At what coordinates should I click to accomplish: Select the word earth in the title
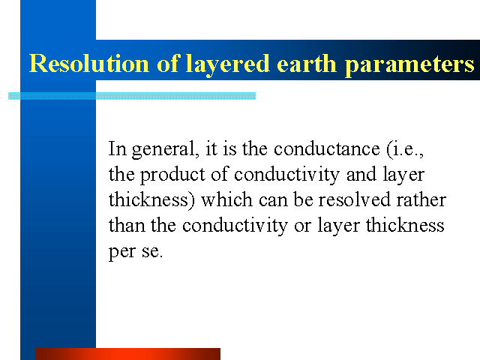click(307, 63)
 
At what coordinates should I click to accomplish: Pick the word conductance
click(327, 149)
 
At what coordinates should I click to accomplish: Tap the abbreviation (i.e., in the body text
click(405, 149)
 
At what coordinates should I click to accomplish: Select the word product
click(172, 175)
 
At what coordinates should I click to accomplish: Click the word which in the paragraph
click(226, 199)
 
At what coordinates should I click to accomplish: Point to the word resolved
click(354, 199)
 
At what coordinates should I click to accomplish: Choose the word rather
click(421, 200)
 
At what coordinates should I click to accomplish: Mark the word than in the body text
click(127, 225)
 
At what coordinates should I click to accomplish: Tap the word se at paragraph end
click(152, 252)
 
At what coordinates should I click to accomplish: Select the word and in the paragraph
click(361, 174)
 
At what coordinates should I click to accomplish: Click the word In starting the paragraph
click(118, 148)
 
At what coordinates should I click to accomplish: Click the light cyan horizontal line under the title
click(132, 96)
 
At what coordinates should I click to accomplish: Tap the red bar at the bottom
click(128, 354)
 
